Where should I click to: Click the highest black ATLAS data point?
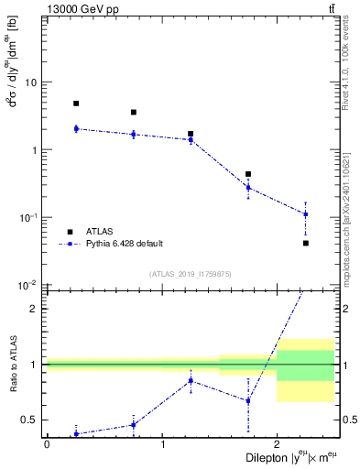click(x=76, y=104)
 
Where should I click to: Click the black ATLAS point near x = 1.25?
click(x=191, y=134)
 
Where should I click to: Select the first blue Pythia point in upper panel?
click(x=76, y=129)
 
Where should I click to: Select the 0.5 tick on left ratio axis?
click(x=32, y=420)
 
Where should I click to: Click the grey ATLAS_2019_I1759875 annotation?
click(x=191, y=273)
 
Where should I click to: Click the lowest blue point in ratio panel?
click(x=76, y=434)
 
